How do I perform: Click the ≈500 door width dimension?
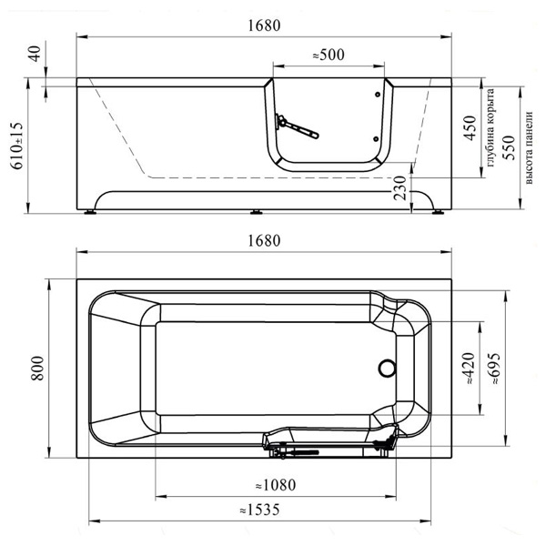329,55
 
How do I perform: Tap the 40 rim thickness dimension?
35,54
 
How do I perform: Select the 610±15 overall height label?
17,146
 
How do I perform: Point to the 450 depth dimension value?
470,127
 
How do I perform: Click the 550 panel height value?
510,147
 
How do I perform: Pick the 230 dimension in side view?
400,187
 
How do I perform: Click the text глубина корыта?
490,127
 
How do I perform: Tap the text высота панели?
529,147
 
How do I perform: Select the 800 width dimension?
37,368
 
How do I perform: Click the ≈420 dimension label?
470,369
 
